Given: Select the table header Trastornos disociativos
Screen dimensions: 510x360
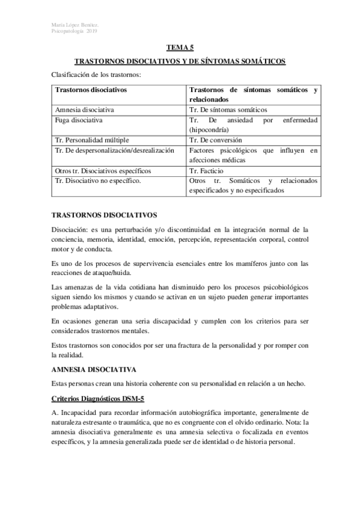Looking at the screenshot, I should (x=91, y=90).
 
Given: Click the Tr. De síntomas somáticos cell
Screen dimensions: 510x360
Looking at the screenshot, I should (x=228, y=110).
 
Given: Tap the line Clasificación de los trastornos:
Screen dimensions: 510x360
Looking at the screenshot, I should (x=96, y=75).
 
